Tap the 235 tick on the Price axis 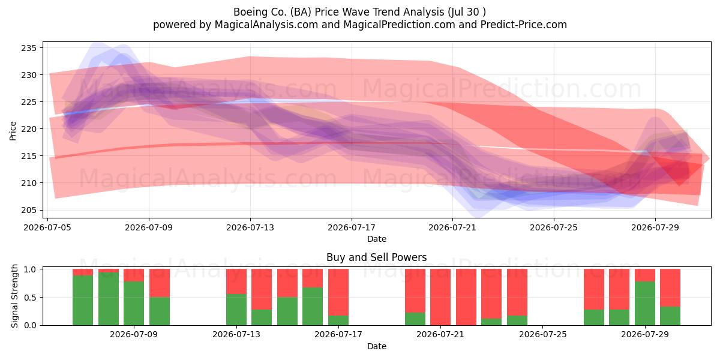29,48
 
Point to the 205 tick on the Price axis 29,210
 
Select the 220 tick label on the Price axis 29,129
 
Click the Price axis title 13,131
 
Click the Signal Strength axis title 14,296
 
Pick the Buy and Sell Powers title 376,257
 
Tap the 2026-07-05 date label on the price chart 47,227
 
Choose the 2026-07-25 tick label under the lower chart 543,335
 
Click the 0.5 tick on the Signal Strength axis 30,298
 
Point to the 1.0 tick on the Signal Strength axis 30,269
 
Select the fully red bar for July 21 440,297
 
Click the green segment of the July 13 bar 236,310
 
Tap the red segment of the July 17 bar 338,292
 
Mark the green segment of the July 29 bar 645,304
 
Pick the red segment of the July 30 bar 670,287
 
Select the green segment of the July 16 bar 313,307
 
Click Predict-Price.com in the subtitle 524,25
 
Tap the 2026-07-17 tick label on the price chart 352,227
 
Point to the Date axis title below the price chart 377,239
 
